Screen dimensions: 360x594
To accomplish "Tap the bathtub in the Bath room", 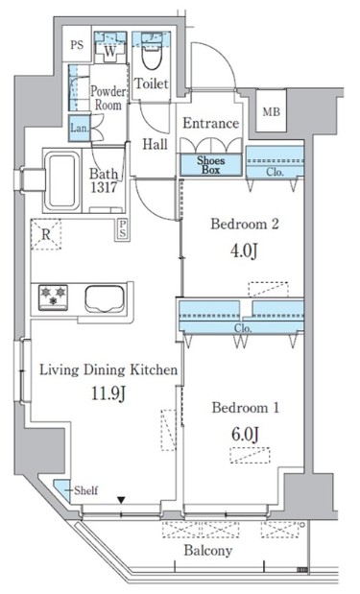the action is tap(62, 180).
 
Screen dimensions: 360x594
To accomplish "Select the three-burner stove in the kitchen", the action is tap(53, 296).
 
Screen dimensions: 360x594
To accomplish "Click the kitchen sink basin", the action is tap(105, 298).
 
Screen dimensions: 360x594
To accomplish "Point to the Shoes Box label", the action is tap(210, 165).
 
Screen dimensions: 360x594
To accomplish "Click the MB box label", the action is tap(272, 112).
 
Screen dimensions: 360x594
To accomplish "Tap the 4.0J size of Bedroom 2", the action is tap(245, 250).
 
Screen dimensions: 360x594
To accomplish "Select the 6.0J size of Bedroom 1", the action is tap(245, 434).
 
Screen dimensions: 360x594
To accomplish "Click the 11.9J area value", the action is tap(108, 394).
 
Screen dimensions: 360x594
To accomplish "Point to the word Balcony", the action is tap(208, 551).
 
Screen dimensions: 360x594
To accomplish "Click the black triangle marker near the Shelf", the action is tap(121, 500).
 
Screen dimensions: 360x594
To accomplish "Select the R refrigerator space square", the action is tap(46, 234).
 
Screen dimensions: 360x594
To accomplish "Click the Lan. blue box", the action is tap(79, 128).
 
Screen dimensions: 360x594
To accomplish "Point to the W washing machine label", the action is tap(109, 52).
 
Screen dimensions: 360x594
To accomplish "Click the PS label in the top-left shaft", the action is tap(77, 45).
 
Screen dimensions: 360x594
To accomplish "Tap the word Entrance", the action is tap(210, 123).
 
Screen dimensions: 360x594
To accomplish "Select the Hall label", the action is tap(155, 144).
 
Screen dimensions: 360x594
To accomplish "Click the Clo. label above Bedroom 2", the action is tap(275, 172).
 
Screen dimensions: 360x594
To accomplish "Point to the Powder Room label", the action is tap(108, 98).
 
